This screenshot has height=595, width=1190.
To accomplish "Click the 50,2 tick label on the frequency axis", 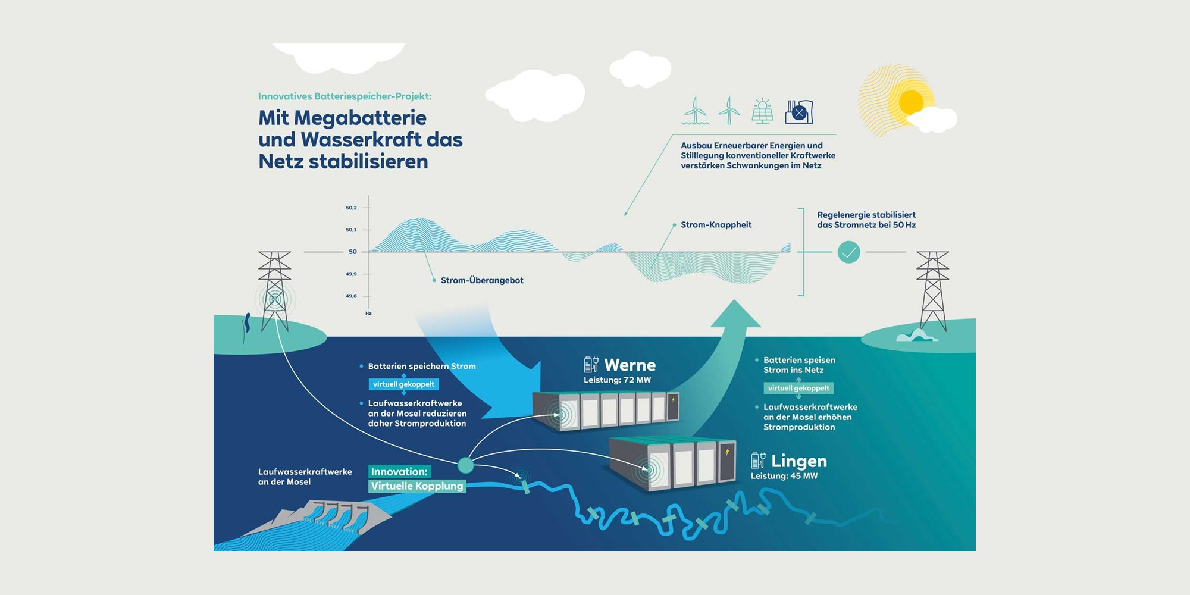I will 351,208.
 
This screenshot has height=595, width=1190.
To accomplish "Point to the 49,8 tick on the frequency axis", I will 352,296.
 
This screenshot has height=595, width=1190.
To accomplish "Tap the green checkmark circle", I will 848,252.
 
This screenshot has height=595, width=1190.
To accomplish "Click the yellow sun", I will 910,102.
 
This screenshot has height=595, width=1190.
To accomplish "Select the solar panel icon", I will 762,111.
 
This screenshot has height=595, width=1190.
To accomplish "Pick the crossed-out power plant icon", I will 798,111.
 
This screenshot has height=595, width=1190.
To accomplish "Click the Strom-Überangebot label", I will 482,280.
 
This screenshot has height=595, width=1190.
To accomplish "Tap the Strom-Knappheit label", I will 716,225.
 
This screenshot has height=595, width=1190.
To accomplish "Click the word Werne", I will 630,365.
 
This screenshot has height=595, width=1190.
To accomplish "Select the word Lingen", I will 798,461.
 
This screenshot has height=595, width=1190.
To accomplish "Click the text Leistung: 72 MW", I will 617,380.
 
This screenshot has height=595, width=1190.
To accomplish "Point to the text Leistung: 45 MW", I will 784,476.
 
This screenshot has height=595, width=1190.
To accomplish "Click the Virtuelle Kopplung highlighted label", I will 416,486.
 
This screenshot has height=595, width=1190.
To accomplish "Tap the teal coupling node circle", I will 465,465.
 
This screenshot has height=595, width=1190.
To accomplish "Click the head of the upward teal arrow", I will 735,315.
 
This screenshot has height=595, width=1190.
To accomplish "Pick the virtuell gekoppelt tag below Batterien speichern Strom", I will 403,384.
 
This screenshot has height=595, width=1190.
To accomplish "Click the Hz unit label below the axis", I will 368,314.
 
